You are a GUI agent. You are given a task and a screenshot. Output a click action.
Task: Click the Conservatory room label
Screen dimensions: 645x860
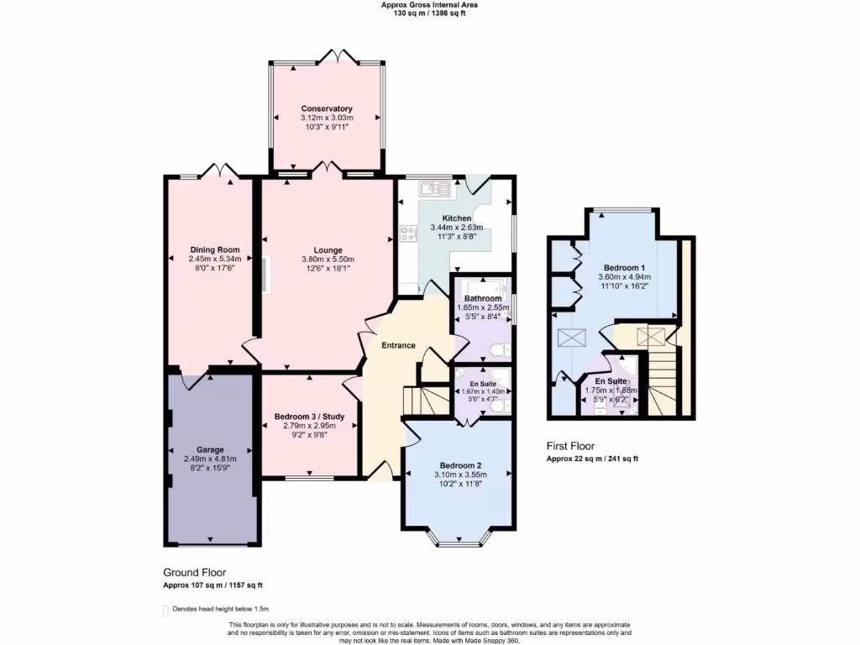(x=327, y=109)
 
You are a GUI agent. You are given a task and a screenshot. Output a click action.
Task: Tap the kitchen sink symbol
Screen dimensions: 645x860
(x=438, y=188)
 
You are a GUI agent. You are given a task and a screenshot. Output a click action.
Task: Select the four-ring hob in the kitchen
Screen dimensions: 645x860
(x=409, y=234)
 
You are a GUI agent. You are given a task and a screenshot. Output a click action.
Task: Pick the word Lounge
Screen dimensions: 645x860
(x=327, y=249)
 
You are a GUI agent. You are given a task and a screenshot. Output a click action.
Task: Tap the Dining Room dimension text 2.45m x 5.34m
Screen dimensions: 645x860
(x=215, y=260)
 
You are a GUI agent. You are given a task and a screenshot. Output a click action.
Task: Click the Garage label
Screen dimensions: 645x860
(x=210, y=449)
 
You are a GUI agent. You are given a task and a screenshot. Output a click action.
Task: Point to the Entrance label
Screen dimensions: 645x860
(x=399, y=345)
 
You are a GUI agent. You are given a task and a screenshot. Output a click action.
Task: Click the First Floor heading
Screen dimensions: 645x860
(x=571, y=447)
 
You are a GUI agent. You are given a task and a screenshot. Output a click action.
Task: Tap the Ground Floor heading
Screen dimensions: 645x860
(x=196, y=573)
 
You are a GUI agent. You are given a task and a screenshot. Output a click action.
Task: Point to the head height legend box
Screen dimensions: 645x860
(x=165, y=610)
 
